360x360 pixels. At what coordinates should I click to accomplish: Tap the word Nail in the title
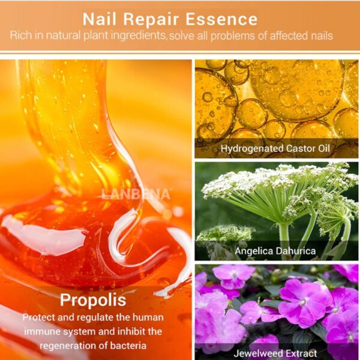(97, 19)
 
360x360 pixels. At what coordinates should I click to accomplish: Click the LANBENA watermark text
(136, 194)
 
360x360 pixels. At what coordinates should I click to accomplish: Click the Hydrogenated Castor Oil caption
(275, 148)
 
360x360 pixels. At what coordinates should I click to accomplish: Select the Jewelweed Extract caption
(275, 353)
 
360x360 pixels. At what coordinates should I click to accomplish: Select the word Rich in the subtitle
(22, 37)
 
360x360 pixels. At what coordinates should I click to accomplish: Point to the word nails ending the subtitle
(320, 37)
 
